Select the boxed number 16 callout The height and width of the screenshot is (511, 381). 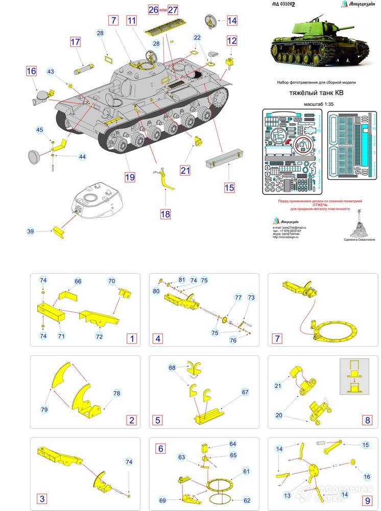pos(31,71)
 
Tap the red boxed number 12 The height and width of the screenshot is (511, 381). pos(232,40)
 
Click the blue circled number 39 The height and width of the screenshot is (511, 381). pos(30,232)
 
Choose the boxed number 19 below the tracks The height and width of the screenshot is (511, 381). pos(130,177)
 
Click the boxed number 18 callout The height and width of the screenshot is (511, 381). pos(165,214)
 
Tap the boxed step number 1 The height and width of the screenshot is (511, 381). pos(132,338)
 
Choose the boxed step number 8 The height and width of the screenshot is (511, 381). pos(366,420)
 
